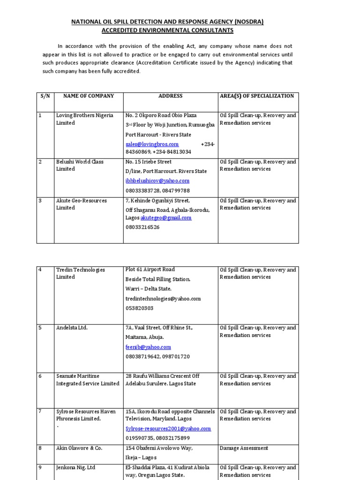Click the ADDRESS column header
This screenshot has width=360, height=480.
tap(170, 96)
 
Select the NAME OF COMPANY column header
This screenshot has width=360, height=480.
tap(89, 96)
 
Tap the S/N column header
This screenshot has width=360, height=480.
tap(45, 96)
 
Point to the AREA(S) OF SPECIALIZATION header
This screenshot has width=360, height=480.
tap(257, 96)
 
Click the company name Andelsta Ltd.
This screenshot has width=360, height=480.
tap(72, 328)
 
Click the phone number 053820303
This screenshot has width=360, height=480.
tap(139, 308)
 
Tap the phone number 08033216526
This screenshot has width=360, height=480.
tap(142, 227)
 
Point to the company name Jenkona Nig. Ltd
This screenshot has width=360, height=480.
tap(75, 467)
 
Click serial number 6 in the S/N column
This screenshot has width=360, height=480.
tap(40, 376)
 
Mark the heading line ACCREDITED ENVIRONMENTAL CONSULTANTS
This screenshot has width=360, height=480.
tap(168, 30)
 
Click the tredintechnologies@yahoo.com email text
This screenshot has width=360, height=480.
tap(163, 299)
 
